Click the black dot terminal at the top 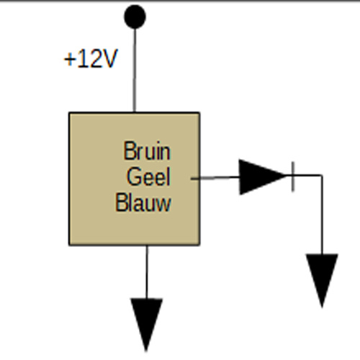(x=135, y=17)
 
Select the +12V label (x=91, y=58)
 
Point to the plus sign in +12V (x=69, y=59)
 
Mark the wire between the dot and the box (x=135, y=70)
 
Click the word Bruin (x=147, y=150)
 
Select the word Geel (x=148, y=176)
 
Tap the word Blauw (x=143, y=202)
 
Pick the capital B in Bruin (x=129, y=150)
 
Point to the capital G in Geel (x=133, y=176)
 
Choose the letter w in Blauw (x=163, y=204)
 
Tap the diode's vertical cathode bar (x=293, y=177)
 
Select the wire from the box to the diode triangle (x=215, y=178)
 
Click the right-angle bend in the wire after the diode (x=322, y=176)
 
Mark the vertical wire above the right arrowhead (x=322, y=215)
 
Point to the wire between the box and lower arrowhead (x=147, y=272)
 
